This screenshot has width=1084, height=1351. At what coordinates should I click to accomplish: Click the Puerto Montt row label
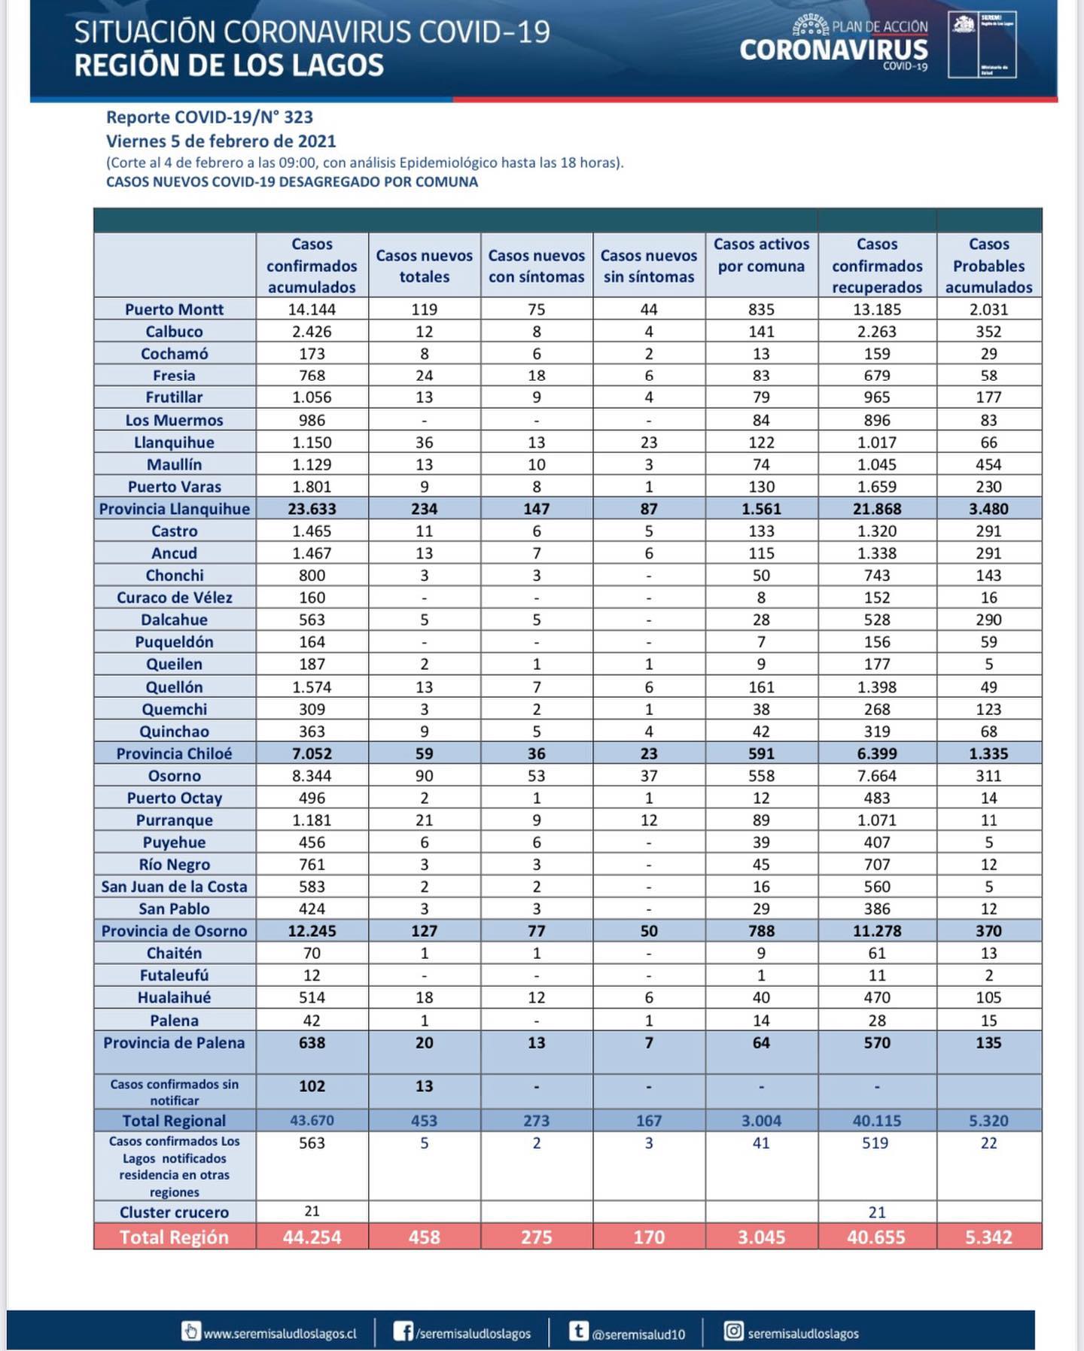click(174, 309)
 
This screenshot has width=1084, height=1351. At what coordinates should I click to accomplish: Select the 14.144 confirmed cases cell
click(312, 309)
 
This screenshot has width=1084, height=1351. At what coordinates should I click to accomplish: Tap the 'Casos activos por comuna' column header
click(761, 255)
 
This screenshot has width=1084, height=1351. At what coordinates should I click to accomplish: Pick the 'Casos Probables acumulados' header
click(988, 266)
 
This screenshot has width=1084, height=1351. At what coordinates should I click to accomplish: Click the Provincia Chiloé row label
click(174, 753)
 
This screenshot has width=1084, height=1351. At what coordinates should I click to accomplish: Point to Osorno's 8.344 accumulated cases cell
click(312, 776)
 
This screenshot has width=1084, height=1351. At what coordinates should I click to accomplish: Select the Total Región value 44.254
click(312, 1237)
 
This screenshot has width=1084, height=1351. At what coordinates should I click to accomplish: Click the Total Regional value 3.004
click(761, 1121)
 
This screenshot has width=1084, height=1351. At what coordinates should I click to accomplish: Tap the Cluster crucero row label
click(174, 1212)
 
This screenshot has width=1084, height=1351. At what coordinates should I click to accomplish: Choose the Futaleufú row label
click(174, 975)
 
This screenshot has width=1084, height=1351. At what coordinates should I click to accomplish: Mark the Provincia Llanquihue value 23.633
click(312, 509)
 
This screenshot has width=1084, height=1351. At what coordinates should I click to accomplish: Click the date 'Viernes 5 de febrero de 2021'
click(221, 141)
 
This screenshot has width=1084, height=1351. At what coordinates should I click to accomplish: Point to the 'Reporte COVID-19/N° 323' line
click(209, 117)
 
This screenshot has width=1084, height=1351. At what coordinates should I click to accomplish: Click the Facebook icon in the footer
click(403, 1331)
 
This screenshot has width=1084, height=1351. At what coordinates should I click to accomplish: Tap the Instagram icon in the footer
click(733, 1331)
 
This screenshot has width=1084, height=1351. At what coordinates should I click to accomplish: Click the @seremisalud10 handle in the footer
click(638, 1334)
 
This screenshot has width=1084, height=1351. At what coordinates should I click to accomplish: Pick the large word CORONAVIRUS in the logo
click(833, 50)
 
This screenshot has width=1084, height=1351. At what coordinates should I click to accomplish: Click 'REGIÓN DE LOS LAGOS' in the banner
click(229, 66)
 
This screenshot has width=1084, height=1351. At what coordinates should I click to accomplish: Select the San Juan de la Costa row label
click(174, 887)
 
